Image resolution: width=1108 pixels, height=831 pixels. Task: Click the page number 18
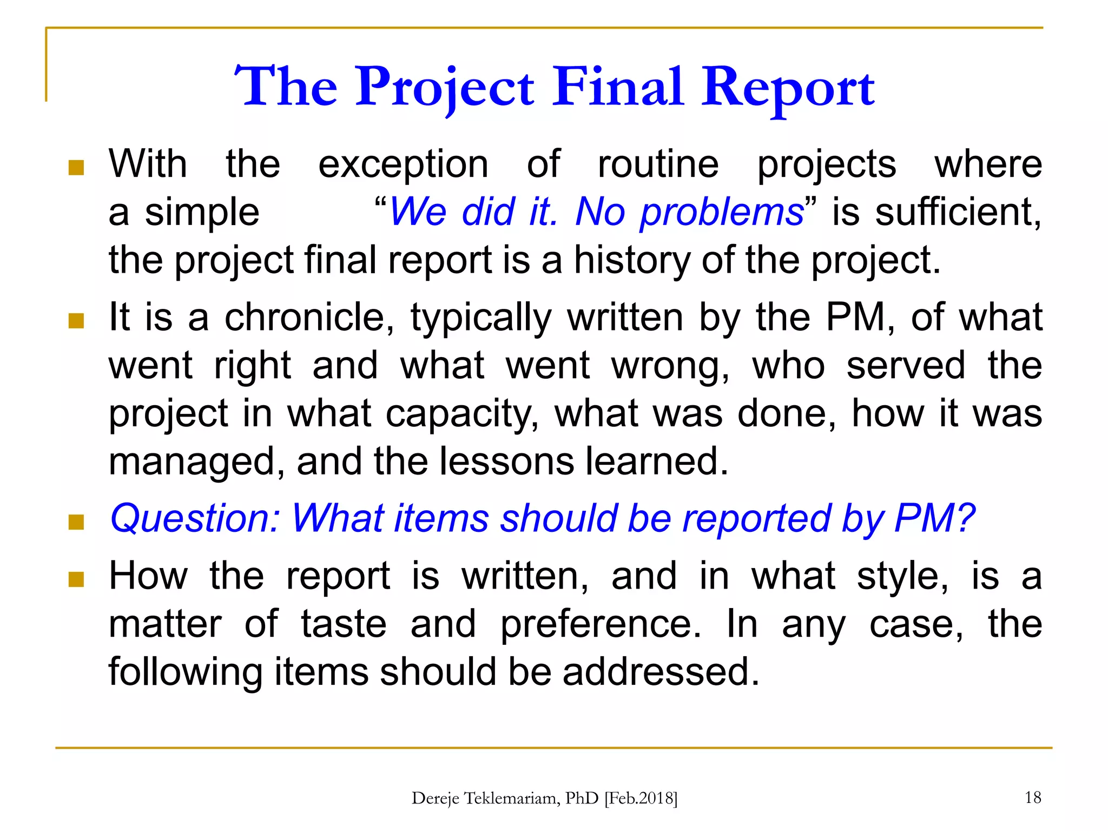coord(1033,797)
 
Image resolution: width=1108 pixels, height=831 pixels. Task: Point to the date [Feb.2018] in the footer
coord(641,799)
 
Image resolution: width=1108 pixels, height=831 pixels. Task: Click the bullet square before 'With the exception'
coord(76,168)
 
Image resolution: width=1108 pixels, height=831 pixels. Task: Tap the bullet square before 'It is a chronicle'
coord(76,321)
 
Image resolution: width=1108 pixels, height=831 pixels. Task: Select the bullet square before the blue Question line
coord(76,522)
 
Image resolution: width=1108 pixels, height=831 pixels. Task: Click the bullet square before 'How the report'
coord(76,579)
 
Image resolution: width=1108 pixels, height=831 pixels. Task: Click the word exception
coord(403,164)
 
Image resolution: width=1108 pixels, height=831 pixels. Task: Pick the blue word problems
coord(721,212)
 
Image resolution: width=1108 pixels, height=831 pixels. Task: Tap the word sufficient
coord(958,212)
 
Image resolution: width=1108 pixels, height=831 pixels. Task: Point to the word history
coord(631,260)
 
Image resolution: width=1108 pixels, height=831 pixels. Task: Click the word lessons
coord(506,461)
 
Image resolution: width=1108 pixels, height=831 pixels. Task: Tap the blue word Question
coord(195,519)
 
